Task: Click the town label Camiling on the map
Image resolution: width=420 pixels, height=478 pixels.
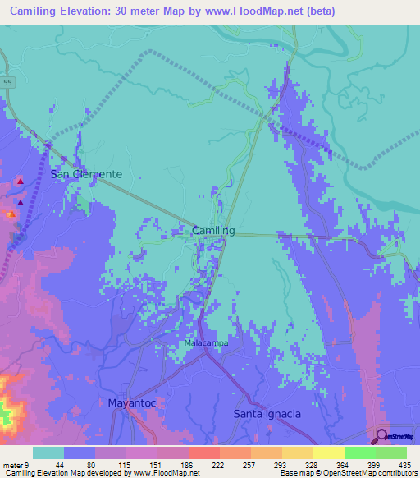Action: pyautogui.click(x=213, y=232)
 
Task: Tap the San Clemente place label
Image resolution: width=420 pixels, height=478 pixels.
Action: pyautogui.click(x=86, y=174)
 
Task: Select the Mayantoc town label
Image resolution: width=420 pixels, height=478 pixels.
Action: pyautogui.click(x=131, y=402)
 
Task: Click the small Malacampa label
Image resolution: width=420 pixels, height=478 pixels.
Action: pyautogui.click(x=206, y=342)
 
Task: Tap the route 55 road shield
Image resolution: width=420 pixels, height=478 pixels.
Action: pyautogui.click(x=7, y=83)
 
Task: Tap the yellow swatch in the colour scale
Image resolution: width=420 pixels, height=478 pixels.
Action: pyautogui.click(x=328, y=453)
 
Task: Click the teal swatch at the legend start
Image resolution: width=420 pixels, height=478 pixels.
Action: pyautogui.click(x=48, y=453)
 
